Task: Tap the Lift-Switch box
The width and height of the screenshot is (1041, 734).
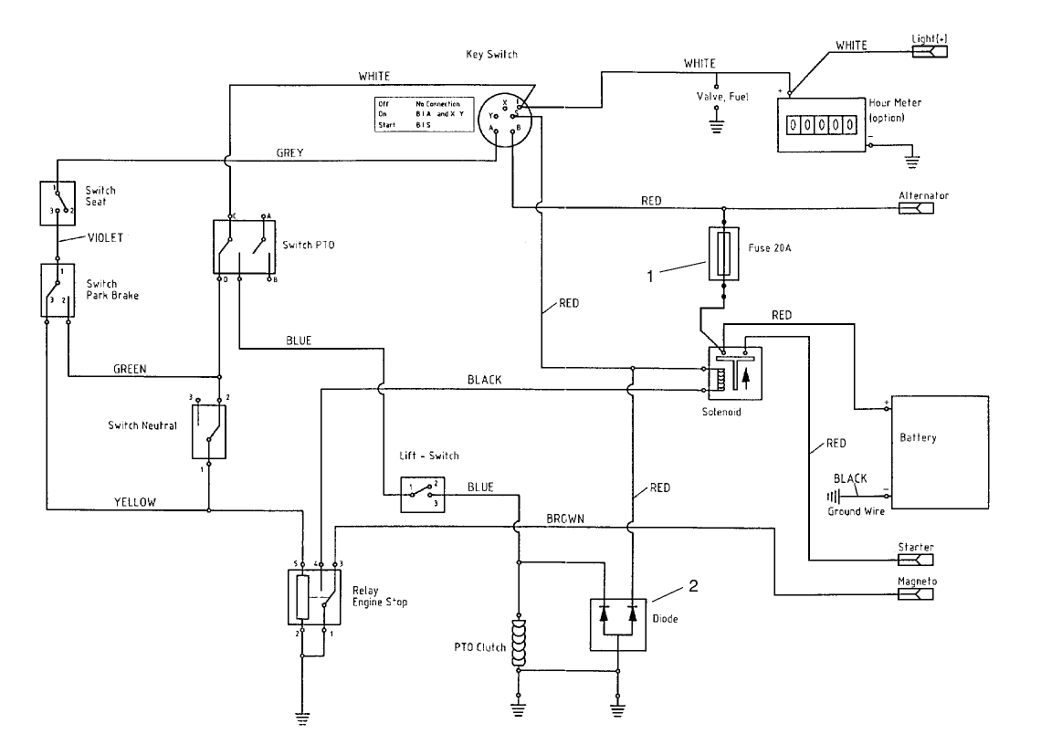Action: (422, 493)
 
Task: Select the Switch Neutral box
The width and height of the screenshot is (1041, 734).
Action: (209, 432)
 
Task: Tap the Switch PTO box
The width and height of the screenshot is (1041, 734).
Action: (244, 246)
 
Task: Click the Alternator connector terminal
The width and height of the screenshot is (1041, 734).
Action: (916, 208)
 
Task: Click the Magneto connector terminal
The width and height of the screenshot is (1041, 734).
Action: (916, 595)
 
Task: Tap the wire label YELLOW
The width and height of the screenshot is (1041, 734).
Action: (136, 501)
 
